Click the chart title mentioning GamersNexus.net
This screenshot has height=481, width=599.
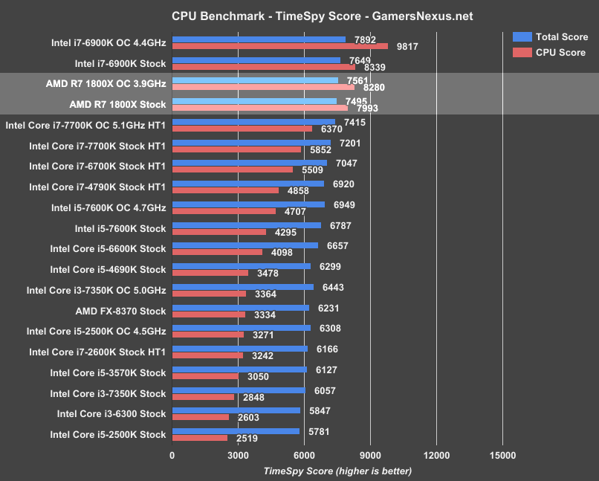pyautogui.click(x=311, y=16)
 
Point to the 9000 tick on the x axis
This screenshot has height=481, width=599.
pyautogui.click(x=370, y=456)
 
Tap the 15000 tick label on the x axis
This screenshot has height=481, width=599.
pyautogui.click(x=502, y=456)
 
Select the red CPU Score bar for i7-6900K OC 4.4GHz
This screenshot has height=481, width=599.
pyautogui.click(x=279, y=46)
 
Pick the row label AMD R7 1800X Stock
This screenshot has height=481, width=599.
pyautogui.click(x=117, y=105)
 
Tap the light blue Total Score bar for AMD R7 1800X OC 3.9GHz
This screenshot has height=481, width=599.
pyautogui.click(x=255, y=80)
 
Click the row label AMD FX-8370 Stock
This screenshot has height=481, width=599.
pyautogui.click(x=120, y=311)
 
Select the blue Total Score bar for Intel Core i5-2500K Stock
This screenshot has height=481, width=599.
pyautogui.click(x=236, y=431)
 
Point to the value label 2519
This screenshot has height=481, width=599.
pyautogui.click(x=247, y=439)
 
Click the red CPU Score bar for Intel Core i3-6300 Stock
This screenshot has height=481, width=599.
pyautogui.click(x=201, y=418)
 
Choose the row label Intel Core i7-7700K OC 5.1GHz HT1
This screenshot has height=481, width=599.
pyautogui.click(x=85, y=126)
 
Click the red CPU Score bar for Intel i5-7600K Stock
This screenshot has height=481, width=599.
pyautogui.click(x=219, y=232)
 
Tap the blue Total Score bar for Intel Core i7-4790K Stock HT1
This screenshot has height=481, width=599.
pyautogui.click(x=247, y=183)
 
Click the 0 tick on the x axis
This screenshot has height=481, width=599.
pyautogui.click(x=172, y=456)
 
